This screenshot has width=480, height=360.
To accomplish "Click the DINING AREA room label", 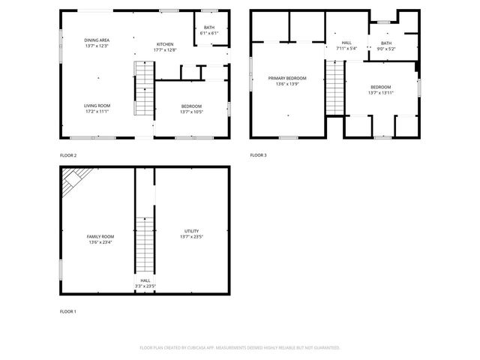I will point(97,40).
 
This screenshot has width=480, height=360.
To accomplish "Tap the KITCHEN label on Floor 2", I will point(165,44).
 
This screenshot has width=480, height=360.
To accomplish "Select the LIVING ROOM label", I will point(97,106).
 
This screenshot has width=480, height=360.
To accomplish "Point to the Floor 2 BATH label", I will point(209,28).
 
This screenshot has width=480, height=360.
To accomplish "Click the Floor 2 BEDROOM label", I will point(191,106).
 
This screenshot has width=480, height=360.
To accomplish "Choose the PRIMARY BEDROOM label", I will point(287,78).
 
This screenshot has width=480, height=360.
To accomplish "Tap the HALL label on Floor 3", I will point(346,43).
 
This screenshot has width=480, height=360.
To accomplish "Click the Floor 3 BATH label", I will point(385,43).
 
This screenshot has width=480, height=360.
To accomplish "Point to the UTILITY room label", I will point(191,231).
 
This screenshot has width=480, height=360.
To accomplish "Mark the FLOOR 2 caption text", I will point(68,155).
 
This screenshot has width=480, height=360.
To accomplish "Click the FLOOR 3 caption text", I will point(258,155).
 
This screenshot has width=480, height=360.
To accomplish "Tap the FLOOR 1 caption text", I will point(68,310).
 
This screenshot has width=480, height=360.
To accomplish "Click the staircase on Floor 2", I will point(143,88).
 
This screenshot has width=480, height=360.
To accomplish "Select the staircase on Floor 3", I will point(334,88).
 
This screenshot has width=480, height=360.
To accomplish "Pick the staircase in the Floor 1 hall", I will point(145,244).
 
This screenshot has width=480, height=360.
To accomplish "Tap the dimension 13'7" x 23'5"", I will point(191,237).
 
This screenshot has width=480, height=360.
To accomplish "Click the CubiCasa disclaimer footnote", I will point(239,348).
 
